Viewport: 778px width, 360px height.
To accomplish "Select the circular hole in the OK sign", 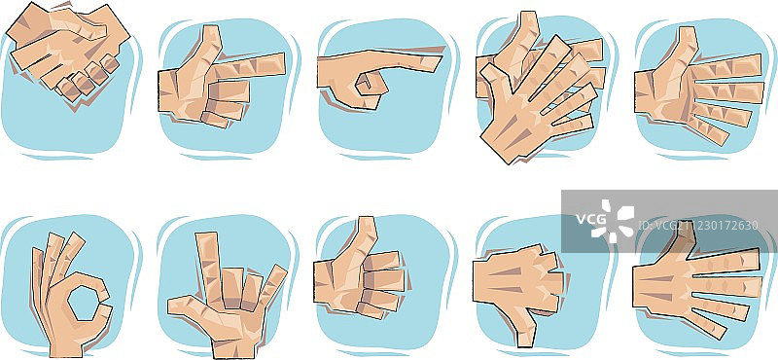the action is pos(84,303).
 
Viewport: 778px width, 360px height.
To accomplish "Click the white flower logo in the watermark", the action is pos(615,222).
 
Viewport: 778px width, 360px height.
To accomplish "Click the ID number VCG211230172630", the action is pos(698,225).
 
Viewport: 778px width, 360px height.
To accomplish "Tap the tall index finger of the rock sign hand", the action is pos(209,266).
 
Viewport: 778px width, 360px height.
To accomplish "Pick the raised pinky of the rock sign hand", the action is pos(272,286).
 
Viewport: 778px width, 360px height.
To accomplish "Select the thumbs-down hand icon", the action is pos(519,293).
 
